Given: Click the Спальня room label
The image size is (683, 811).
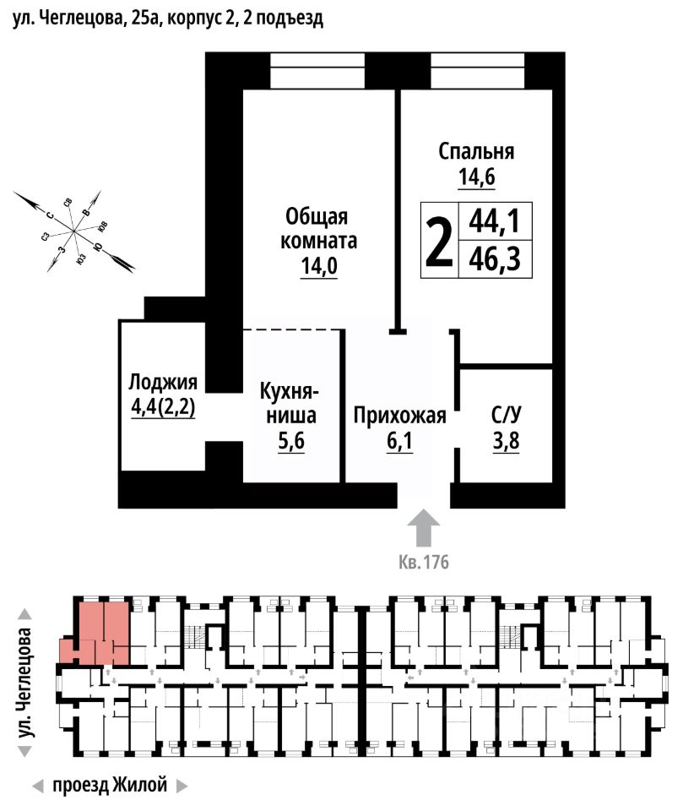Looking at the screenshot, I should (476, 152).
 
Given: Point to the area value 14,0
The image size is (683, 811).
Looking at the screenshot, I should (318, 267).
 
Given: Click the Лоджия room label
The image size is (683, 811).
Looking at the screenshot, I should (163, 382).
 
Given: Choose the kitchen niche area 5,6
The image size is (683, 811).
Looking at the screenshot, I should (289, 441).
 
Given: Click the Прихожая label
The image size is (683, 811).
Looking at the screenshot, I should (399, 416).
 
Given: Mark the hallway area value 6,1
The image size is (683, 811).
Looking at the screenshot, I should (399, 441).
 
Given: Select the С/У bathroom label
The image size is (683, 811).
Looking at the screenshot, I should (506, 416).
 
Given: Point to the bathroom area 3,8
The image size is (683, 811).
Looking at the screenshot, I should (506, 441).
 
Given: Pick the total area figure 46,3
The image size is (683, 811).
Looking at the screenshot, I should (492, 259).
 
